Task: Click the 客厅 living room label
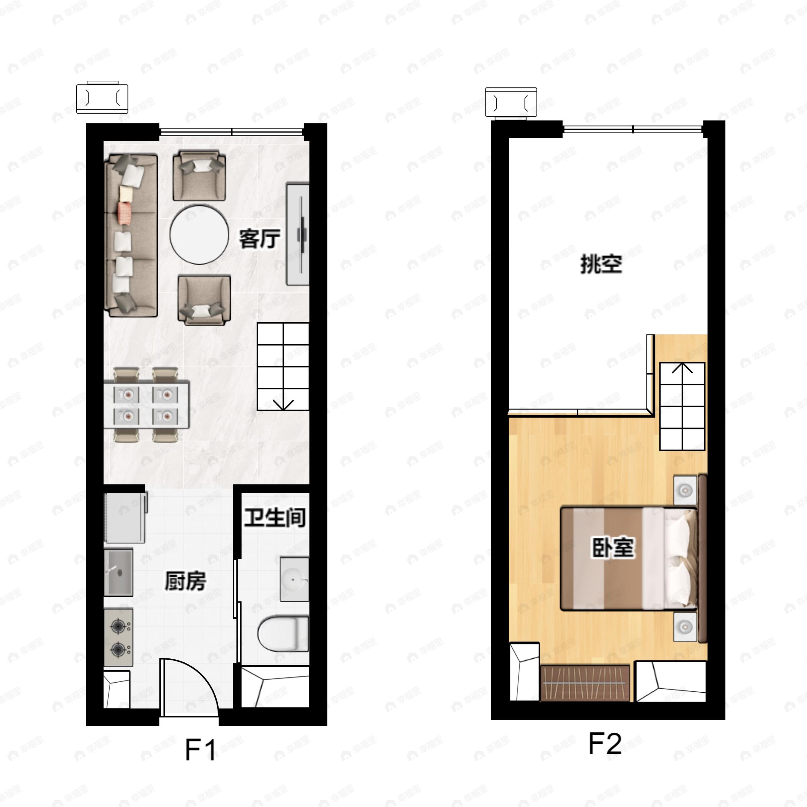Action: click(259, 239)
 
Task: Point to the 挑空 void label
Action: click(602, 264)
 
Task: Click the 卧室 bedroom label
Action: click(613, 548)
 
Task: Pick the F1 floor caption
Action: click(200, 750)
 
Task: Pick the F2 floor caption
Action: click(605, 744)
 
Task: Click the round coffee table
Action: click(199, 234)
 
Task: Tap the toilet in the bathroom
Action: click(283, 633)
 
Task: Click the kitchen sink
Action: click(118, 572)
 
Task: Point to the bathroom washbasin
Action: click(294, 579)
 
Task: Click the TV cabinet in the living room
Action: click(297, 234)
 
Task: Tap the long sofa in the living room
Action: click(131, 235)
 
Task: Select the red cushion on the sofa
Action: click(125, 212)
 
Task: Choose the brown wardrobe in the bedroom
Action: click(585, 683)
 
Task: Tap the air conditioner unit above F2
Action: click(511, 102)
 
